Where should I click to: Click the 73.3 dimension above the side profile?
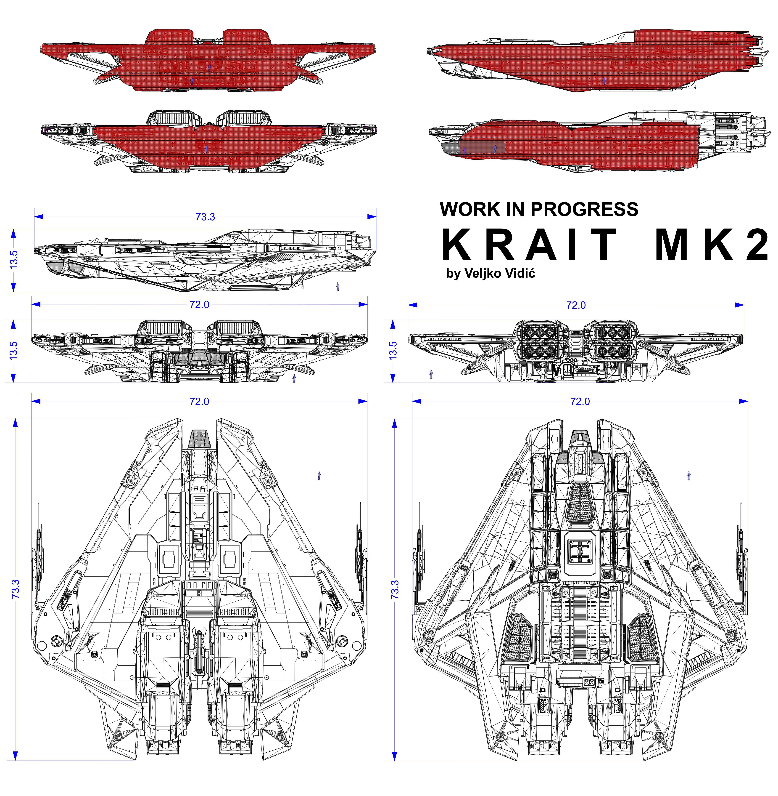[205, 217]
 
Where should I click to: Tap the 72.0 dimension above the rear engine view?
[576, 305]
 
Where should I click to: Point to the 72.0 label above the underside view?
[580, 402]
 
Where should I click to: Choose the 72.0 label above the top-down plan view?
[199, 402]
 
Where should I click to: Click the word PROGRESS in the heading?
[584, 209]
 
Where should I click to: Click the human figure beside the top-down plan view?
[319, 475]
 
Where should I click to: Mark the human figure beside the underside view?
[689, 475]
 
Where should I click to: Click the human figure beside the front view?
[294, 378]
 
